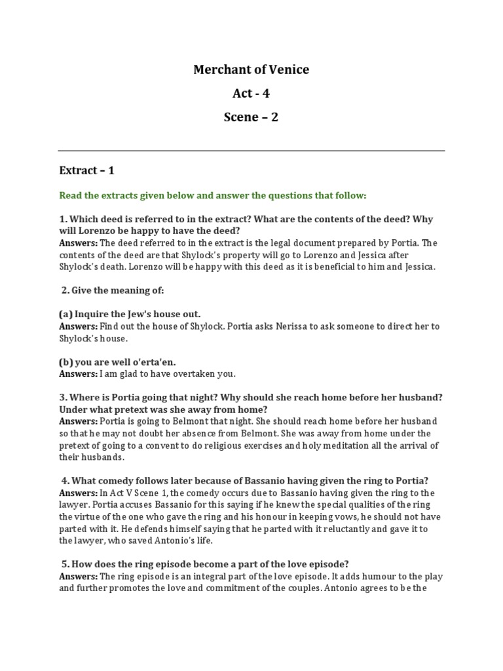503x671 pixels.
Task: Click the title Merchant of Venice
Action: (x=251, y=69)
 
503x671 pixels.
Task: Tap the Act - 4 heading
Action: (x=251, y=93)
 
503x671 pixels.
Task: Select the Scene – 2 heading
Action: (x=251, y=117)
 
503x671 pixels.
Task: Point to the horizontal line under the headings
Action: (x=251, y=151)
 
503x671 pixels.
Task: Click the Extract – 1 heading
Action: (x=86, y=170)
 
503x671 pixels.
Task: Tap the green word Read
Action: (x=71, y=195)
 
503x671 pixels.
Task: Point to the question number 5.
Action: (x=65, y=564)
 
